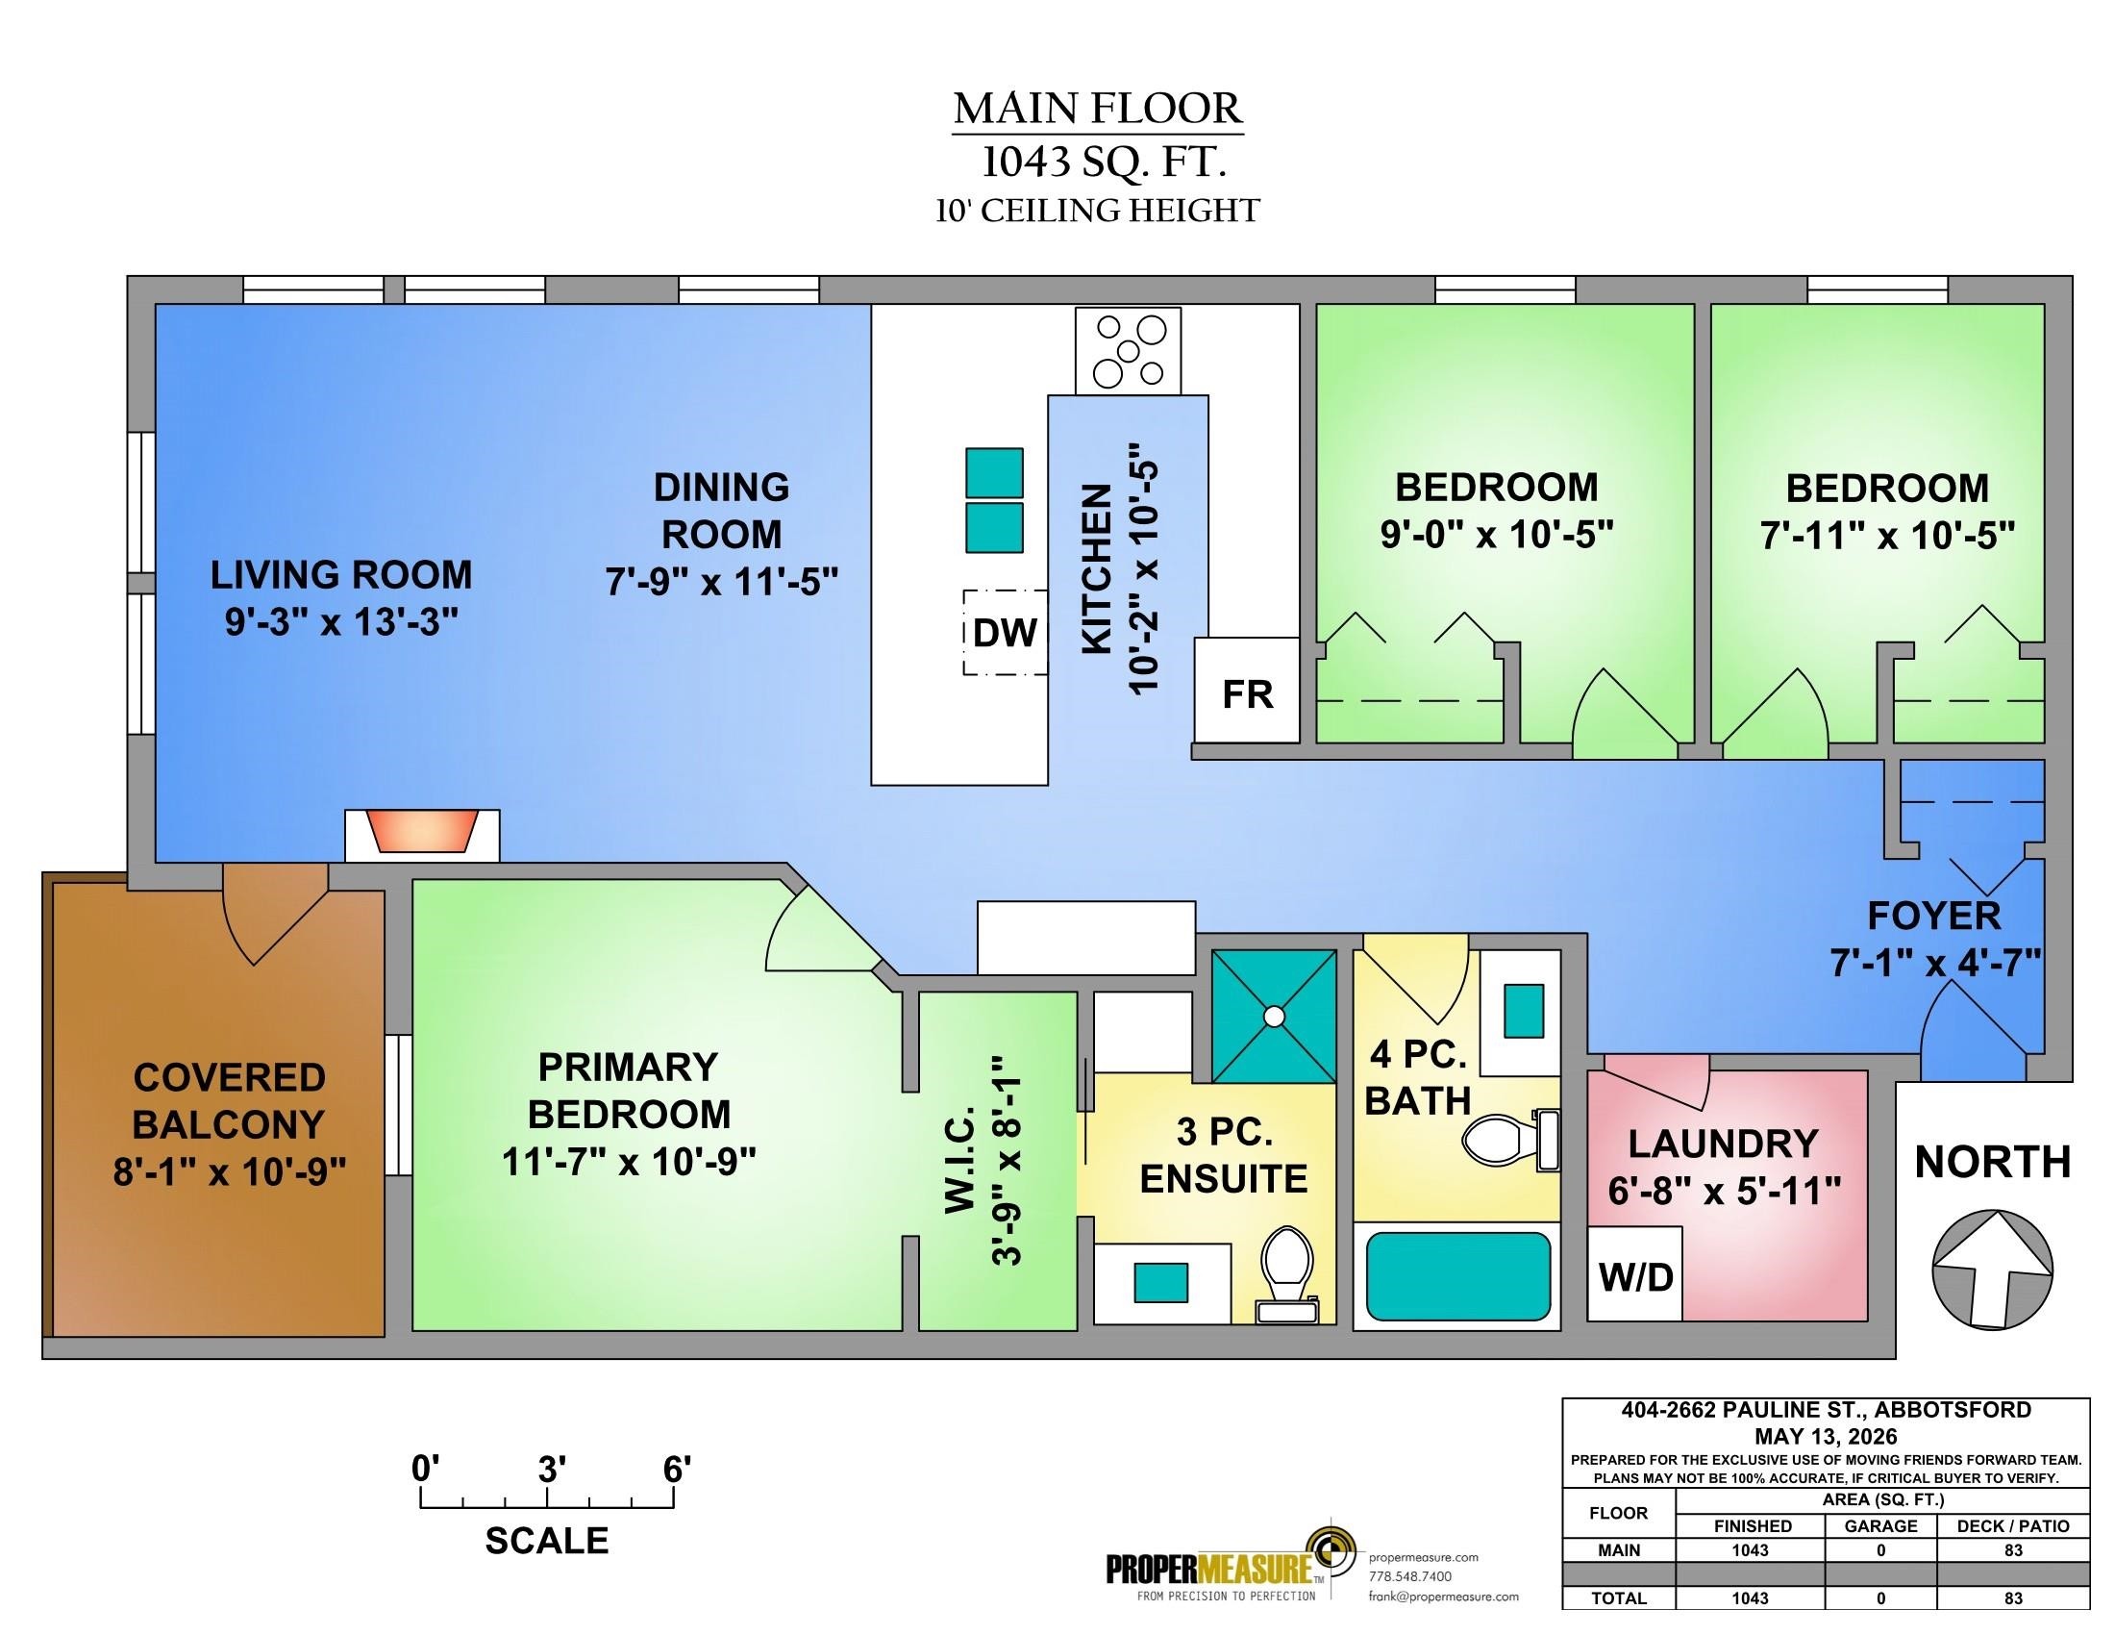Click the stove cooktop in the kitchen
(x=1129, y=351)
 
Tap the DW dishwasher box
(x=1006, y=633)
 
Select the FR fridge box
(x=1246, y=690)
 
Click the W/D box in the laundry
(x=1635, y=1272)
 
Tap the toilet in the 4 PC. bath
(x=1509, y=1139)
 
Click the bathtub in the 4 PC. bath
(x=1457, y=1275)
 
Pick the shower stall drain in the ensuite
(x=1275, y=1016)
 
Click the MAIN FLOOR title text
(x=1097, y=109)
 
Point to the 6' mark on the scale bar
(x=676, y=1470)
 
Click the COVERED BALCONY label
(x=229, y=1100)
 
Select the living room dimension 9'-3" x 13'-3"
(x=341, y=622)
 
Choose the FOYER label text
(x=1933, y=916)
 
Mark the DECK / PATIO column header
(x=2013, y=1525)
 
